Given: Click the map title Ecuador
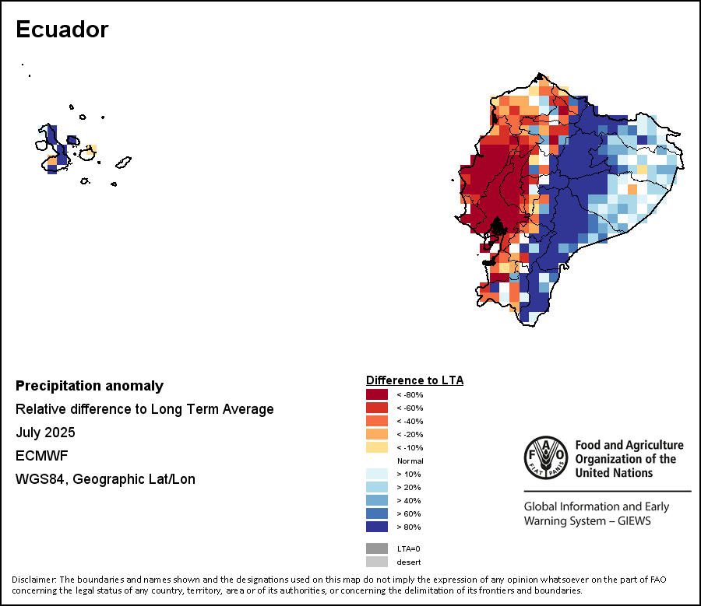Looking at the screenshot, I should point(62,30).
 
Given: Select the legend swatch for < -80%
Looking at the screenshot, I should point(377,394).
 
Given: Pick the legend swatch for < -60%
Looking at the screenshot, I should point(377,408).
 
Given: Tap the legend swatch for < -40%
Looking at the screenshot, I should point(377,421).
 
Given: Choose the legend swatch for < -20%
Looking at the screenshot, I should point(377,434).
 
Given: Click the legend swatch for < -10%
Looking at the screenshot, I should point(377,447).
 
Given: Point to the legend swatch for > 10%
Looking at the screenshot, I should point(377,474).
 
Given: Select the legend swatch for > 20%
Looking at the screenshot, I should point(377,487).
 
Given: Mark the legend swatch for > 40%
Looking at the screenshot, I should point(377,500).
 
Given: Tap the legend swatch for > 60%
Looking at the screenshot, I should point(377,513).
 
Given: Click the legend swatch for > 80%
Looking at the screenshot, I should point(377,527).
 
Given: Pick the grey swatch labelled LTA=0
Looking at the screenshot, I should point(377,548).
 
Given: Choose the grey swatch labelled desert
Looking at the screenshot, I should point(377,562).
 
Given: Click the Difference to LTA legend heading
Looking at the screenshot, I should point(414,380).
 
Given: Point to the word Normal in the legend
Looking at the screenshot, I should point(410,461).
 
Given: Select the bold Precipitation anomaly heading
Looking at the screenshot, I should point(90,386).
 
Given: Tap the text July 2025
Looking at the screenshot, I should point(45,433).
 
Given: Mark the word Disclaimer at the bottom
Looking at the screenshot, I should point(33,580).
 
